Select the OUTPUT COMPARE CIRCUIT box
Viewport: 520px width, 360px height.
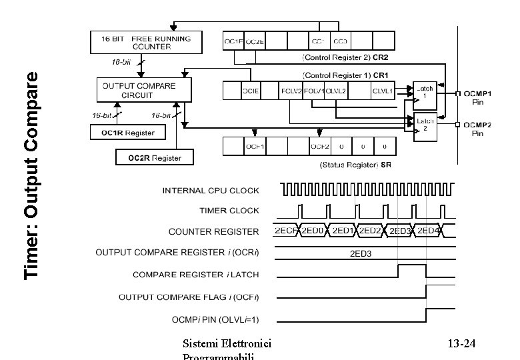click(137, 90)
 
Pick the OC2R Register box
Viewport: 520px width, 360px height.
click(153, 157)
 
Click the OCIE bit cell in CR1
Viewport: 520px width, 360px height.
click(251, 90)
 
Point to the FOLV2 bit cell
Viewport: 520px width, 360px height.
click(292, 90)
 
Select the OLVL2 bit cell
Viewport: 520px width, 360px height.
click(336, 90)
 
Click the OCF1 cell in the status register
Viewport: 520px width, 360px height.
click(255, 146)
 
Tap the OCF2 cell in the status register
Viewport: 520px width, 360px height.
click(320, 146)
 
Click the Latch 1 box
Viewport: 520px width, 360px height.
click(424, 92)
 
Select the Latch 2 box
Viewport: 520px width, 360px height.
click(424, 124)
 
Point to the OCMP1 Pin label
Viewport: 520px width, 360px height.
click(477, 97)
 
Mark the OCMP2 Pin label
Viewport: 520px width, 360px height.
click(477, 129)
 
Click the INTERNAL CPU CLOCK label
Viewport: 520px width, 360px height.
click(211, 191)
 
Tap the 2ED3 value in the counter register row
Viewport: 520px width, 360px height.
click(399, 231)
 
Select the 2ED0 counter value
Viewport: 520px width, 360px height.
click(313, 231)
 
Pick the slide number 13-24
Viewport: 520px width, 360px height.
click(461, 344)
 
